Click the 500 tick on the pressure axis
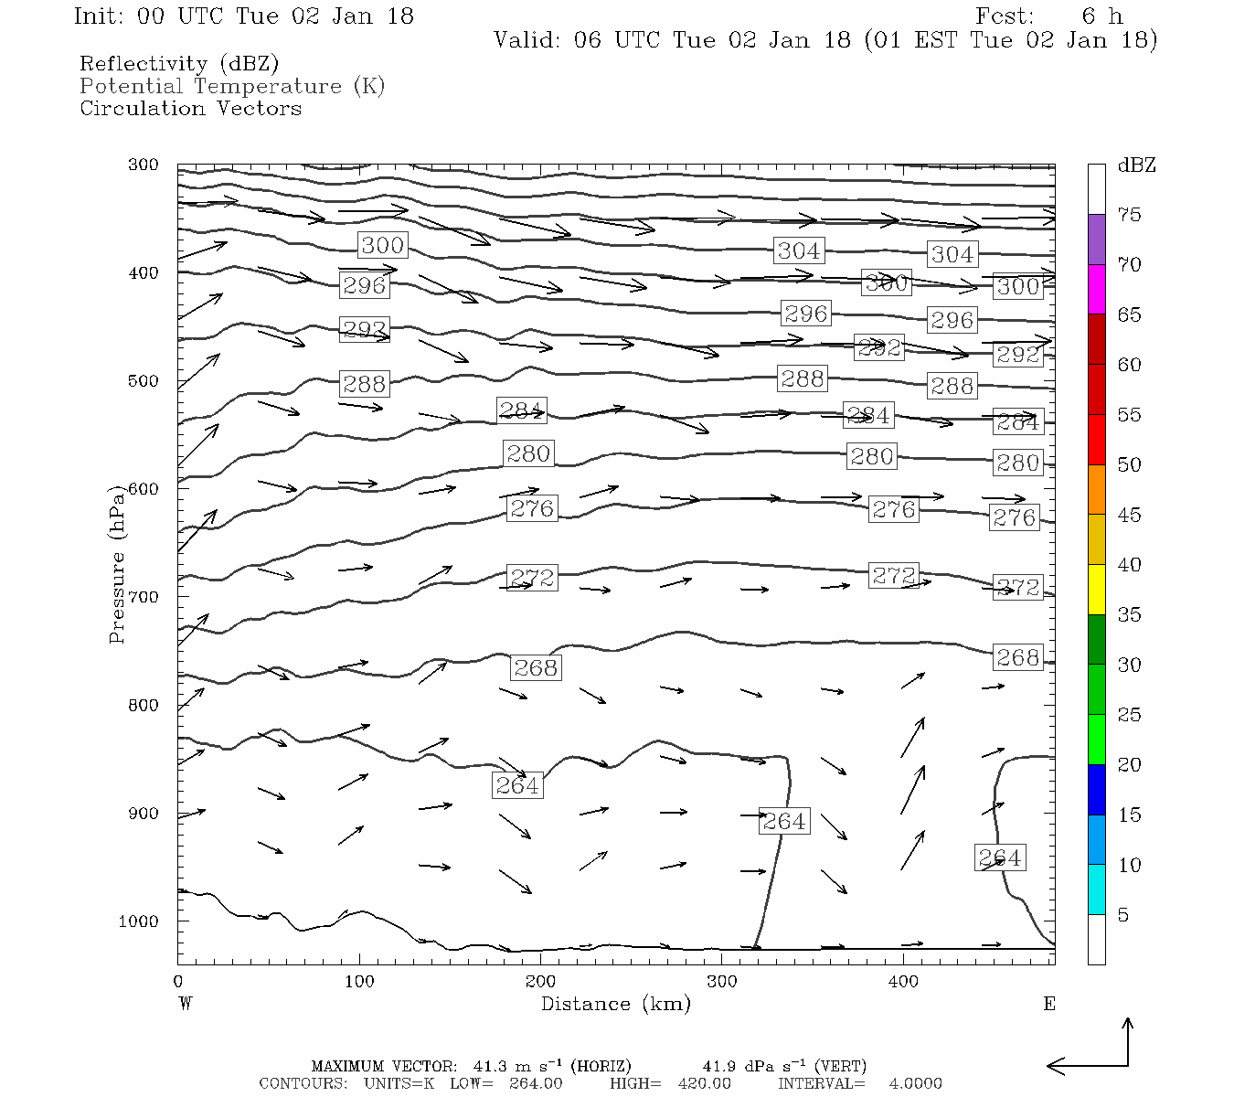point(144,381)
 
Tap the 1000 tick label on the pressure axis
point(138,921)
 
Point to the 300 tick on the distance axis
point(721,981)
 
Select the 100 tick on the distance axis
point(359,981)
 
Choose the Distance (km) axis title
point(615,1004)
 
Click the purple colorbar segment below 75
point(1096,240)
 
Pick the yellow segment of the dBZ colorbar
point(1096,590)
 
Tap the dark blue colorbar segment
point(1096,790)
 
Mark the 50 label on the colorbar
point(1129,464)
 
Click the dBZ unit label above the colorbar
point(1136,165)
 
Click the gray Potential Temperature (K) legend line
point(232,86)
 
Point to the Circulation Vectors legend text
point(190,108)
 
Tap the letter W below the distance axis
point(185,1004)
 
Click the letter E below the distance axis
point(1049,1004)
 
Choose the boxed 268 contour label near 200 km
point(535,667)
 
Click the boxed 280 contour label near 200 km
point(527,453)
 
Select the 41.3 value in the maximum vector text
point(490,1066)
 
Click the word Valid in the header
point(527,40)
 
